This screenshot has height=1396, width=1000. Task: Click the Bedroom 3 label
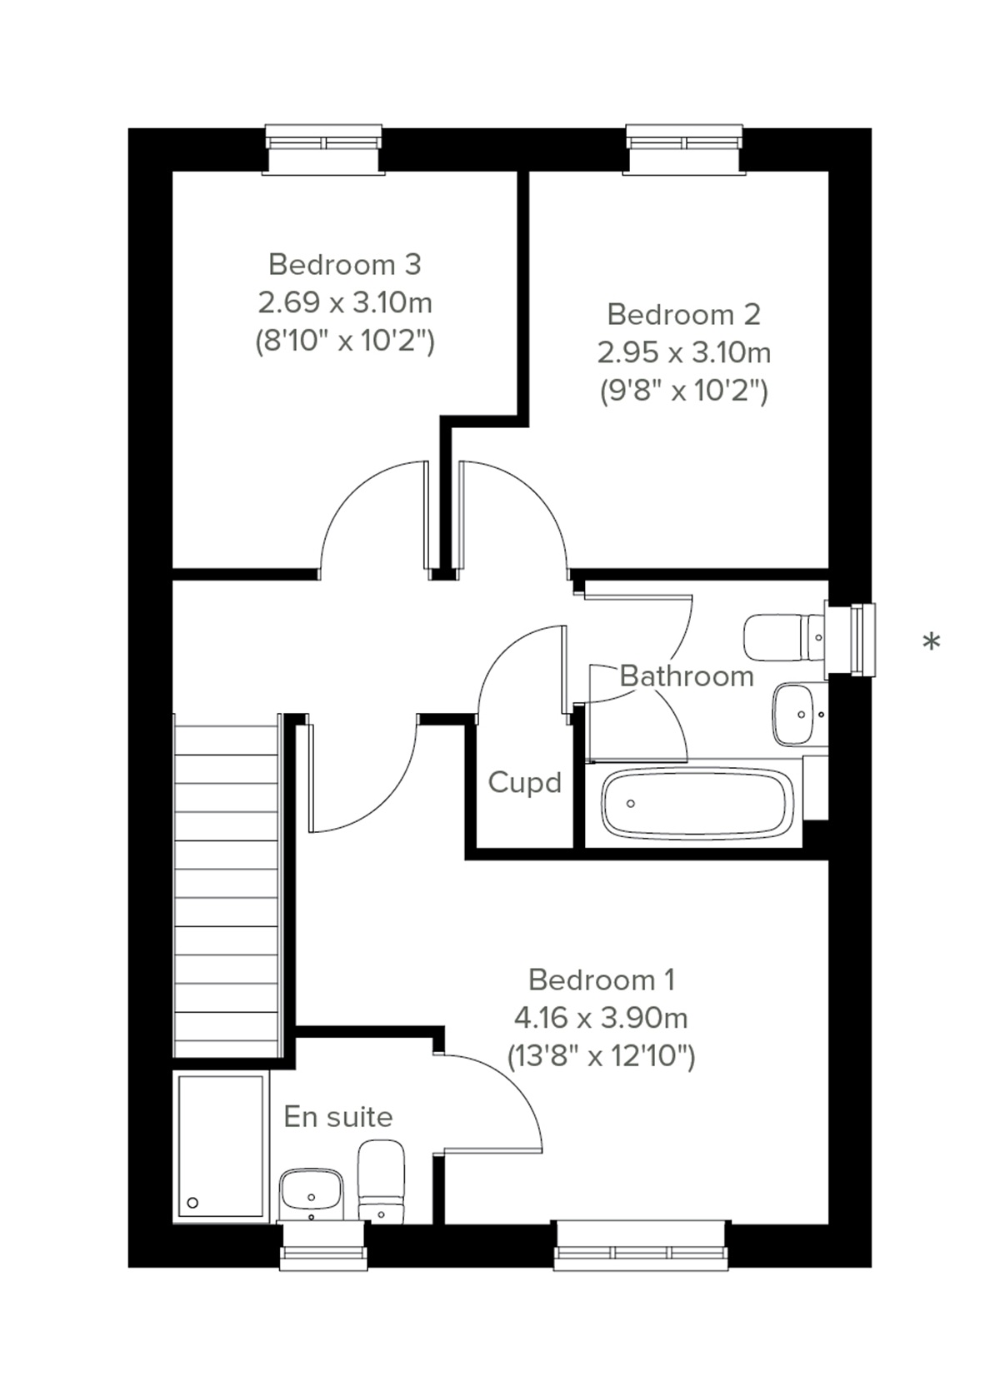pos(344,264)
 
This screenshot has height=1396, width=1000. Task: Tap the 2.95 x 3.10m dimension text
pos(683,352)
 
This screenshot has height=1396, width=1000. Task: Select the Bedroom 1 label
pos(601,980)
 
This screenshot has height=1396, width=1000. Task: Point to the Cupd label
pos(524,782)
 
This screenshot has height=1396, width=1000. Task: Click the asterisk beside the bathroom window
pos(932,641)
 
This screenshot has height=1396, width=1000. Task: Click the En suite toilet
pos(381,1181)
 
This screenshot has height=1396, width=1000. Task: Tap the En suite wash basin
pos(312,1193)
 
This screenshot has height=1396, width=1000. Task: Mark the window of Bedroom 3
pos(324,149)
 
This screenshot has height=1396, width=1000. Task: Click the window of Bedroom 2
pos(684,149)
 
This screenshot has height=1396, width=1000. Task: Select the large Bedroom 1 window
pos(641,1245)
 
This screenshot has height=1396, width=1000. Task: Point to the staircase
pos(226,887)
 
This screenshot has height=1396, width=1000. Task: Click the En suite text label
pos(337,1116)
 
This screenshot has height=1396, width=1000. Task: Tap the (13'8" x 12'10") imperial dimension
pos(601,1056)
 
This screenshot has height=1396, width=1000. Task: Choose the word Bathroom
pos(687,676)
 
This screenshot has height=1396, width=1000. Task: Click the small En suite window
pos(323,1246)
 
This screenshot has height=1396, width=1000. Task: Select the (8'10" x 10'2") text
pos(344,341)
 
